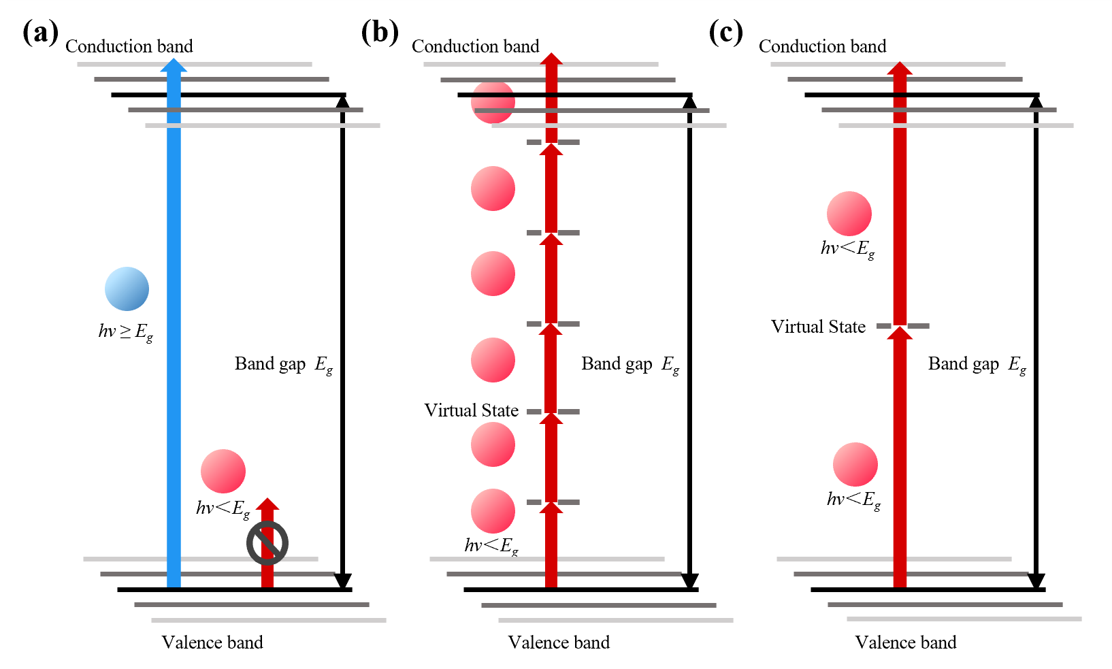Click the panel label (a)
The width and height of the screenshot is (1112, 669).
pyautogui.click(x=40, y=32)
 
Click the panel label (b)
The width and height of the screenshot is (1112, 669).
pyautogui.click(x=380, y=32)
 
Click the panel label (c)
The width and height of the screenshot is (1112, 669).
pyautogui.click(x=725, y=32)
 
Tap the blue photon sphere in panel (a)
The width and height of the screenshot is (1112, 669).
pyautogui.click(x=127, y=289)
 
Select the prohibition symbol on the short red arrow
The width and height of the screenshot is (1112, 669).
pyautogui.click(x=267, y=543)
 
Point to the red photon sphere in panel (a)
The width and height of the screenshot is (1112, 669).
pyautogui.click(x=223, y=471)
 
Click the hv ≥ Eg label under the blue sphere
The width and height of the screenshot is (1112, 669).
pyautogui.click(x=126, y=332)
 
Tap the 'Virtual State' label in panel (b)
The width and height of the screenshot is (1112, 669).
pyautogui.click(x=471, y=410)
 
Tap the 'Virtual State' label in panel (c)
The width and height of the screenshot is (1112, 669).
pyautogui.click(x=818, y=327)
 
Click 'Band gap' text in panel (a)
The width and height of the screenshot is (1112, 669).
pyautogui.click(x=270, y=363)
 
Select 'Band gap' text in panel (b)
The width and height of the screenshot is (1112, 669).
pyautogui.click(x=617, y=363)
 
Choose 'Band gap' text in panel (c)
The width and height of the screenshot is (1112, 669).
pyautogui.click(x=964, y=363)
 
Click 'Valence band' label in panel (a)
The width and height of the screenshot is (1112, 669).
pyautogui.click(x=212, y=642)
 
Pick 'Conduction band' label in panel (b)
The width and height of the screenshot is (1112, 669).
pyautogui.click(x=475, y=46)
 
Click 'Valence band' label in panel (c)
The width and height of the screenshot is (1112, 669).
pyautogui.click(x=906, y=642)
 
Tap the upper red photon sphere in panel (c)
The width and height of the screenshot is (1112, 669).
pyautogui.click(x=849, y=214)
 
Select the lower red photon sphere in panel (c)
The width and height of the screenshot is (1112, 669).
pyautogui.click(x=855, y=465)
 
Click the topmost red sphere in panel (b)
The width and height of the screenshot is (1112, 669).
pyautogui.click(x=493, y=102)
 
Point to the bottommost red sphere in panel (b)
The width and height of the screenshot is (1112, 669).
pyautogui.click(x=493, y=511)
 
